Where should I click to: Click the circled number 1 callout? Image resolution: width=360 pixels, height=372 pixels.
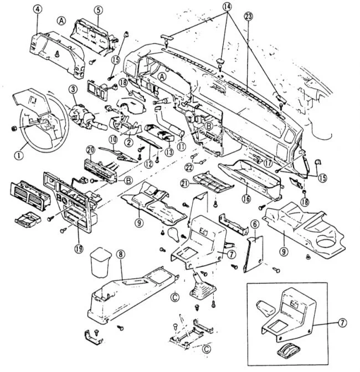point(19,155)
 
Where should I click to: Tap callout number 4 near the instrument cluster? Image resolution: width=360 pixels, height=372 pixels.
point(38,9)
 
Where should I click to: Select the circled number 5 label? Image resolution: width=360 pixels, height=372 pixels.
point(97,9)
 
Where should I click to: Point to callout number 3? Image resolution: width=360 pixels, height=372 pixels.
point(72,89)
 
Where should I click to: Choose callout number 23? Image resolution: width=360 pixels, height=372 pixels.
point(248,17)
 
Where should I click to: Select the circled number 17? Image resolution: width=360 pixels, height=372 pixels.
point(268,163)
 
